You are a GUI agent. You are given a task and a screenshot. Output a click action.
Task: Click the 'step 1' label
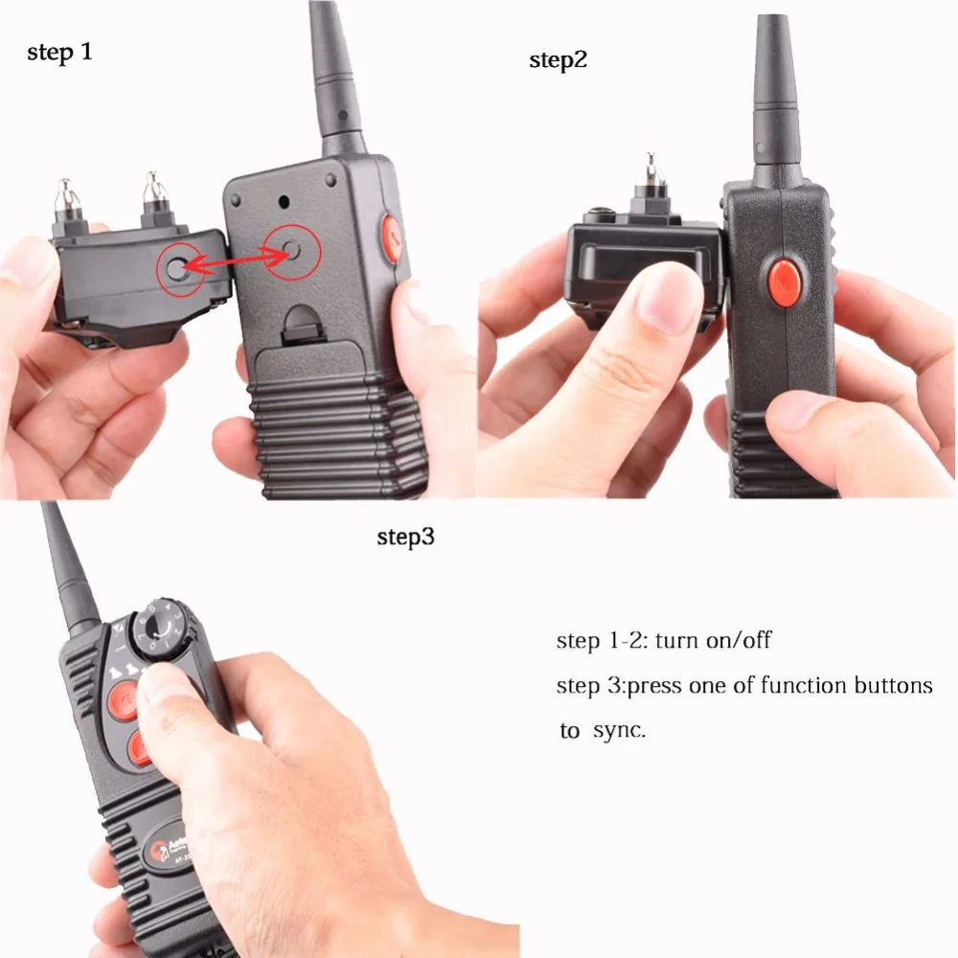[x=59, y=52]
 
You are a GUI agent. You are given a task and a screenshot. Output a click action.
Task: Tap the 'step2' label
[x=558, y=59]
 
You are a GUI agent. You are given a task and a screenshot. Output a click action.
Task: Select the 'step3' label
[x=405, y=537]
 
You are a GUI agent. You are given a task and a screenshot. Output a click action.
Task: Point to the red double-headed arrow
[x=236, y=260]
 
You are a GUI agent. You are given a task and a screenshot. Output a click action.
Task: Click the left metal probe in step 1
[x=67, y=201]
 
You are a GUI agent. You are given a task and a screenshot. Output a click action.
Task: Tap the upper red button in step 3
[x=125, y=700]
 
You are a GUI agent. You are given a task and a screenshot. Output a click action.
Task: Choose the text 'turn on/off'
[x=713, y=640]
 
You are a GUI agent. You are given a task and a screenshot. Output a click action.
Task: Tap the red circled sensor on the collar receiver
[x=178, y=267]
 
